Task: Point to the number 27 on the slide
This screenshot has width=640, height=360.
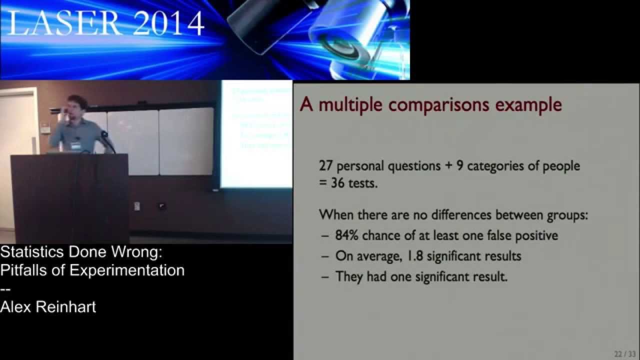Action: tap(326, 165)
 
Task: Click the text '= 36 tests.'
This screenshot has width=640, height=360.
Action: tap(348, 183)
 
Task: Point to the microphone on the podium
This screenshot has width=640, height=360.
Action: tap(104, 134)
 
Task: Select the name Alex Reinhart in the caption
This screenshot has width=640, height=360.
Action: tap(48, 306)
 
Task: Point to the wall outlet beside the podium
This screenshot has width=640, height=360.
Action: tap(162, 205)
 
